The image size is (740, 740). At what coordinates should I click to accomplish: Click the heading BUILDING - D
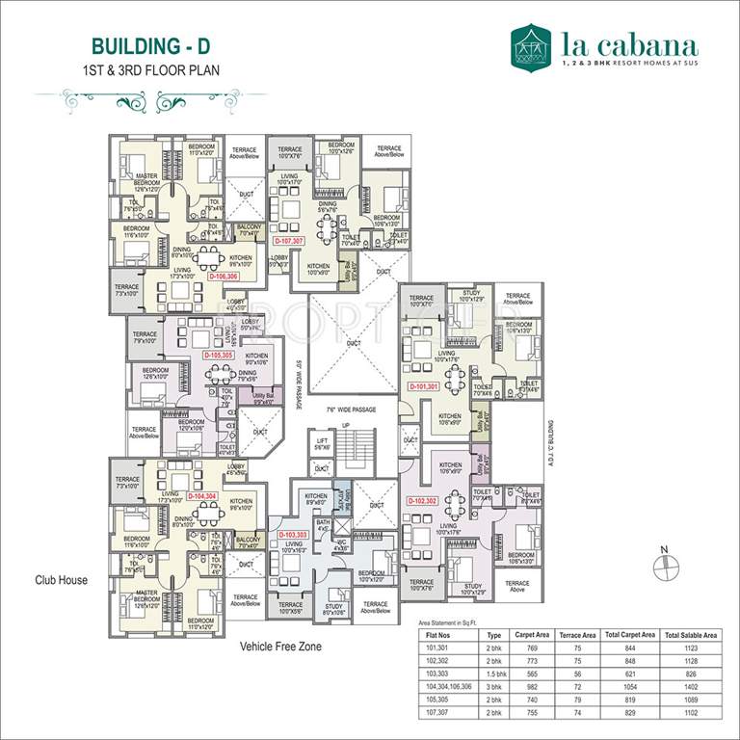coord(151,46)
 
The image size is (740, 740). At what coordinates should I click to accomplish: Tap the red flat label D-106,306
coord(223,276)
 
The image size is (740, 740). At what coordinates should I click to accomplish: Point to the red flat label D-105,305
coord(218,355)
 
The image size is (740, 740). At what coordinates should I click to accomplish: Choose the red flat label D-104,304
coord(203,495)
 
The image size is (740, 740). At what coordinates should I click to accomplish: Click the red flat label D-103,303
coord(293,534)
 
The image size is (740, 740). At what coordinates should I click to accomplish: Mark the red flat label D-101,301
coord(424,386)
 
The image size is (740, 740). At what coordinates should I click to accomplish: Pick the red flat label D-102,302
coord(422,501)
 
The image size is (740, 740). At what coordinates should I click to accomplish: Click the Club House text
coord(62,580)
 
